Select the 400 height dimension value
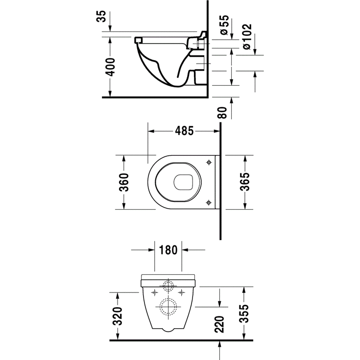111,66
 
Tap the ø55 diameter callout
224,24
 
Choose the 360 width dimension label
124,183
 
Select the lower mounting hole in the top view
209,202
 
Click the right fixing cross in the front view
182,292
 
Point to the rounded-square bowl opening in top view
183,182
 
